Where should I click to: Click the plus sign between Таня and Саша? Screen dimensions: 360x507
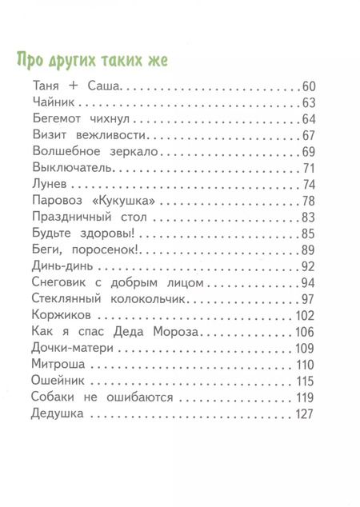[x=70, y=86]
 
